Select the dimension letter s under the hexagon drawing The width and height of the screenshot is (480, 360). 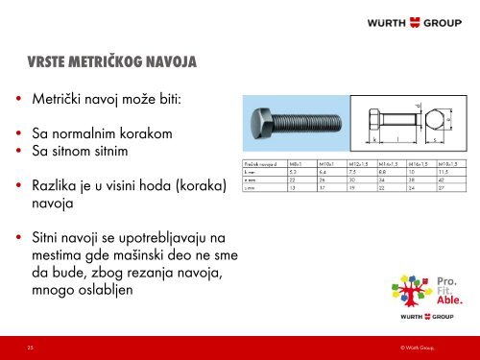pyautogui.click(x=437, y=141)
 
